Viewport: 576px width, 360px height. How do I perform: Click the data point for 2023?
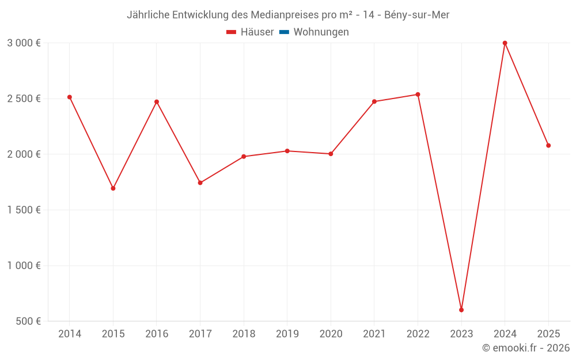(x=461, y=310)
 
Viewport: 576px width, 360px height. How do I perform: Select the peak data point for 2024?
(x=505, y=43)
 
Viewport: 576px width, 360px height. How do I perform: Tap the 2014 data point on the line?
(x=70, y=97)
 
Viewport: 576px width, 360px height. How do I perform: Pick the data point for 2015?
(x=113, y=188)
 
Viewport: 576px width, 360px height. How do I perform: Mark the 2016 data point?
(x=157, y=102)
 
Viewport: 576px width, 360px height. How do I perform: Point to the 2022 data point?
(x=418, y=94)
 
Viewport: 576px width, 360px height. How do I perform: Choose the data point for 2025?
(x=548, y=146)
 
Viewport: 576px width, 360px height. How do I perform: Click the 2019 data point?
(x=287, y=151)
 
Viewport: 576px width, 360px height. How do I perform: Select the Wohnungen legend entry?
(x=321, y=32)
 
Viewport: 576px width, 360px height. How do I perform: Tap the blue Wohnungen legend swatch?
(x=284, y=32)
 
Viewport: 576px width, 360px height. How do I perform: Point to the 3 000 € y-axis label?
(x=24, y=43)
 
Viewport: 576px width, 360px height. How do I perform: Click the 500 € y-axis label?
(x=28, y=321)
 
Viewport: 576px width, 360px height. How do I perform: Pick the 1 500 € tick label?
(x=24, y=210)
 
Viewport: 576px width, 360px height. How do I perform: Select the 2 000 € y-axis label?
(x=24, y=154)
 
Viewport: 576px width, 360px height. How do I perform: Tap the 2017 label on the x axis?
(x=200, y=334)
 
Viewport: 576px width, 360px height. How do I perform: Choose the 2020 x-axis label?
(x=331, y=334)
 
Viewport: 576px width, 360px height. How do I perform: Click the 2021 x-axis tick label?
(x=374, y=334)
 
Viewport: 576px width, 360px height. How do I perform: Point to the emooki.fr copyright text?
(x=525, y=348)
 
